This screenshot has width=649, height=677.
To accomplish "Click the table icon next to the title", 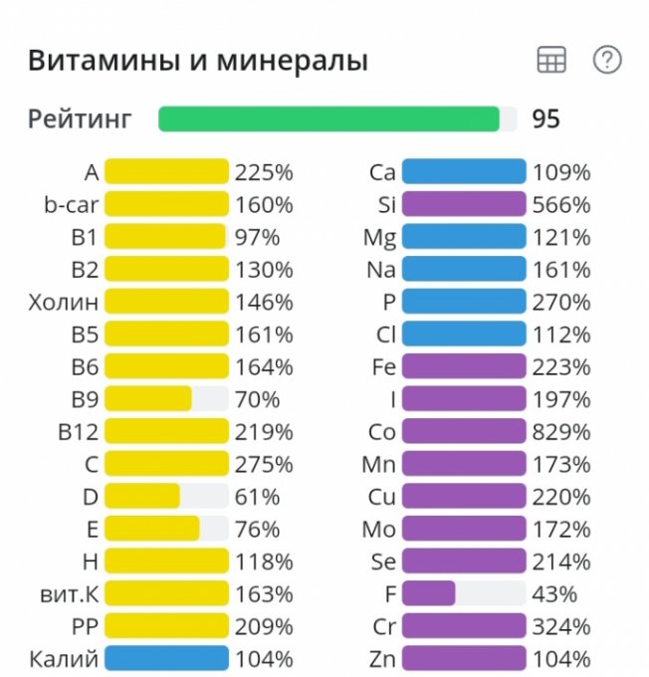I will pos(550,60).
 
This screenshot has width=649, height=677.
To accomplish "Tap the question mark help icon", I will pos(606,60).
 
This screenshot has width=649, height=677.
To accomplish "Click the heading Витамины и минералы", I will pos(198,61).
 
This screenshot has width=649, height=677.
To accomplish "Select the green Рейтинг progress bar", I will pos(328,119).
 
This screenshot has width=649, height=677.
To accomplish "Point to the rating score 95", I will pos(545,119).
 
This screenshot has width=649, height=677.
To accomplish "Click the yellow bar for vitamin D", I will pos(142,497).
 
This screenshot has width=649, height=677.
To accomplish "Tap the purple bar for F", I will pos(429,594).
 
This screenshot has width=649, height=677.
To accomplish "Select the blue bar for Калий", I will pos(166,659).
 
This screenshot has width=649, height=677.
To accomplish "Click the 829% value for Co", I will pos(561,432).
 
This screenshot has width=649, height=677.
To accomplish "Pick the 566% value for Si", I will pos(561,205).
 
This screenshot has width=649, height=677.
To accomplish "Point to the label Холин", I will pos(64,303).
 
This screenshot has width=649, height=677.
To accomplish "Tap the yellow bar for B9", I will pos(148,399).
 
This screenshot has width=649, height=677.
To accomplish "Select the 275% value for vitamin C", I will pos(264,464).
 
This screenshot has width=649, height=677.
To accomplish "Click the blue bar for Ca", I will pos(464,172).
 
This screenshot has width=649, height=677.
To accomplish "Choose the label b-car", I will pos(71,205).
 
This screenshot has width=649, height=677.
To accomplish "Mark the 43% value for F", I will pos(554,594).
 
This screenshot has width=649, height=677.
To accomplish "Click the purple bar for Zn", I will pos(464,659).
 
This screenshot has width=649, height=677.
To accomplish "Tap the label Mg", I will pos(379,238).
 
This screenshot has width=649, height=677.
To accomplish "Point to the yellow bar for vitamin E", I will pos(152,529).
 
